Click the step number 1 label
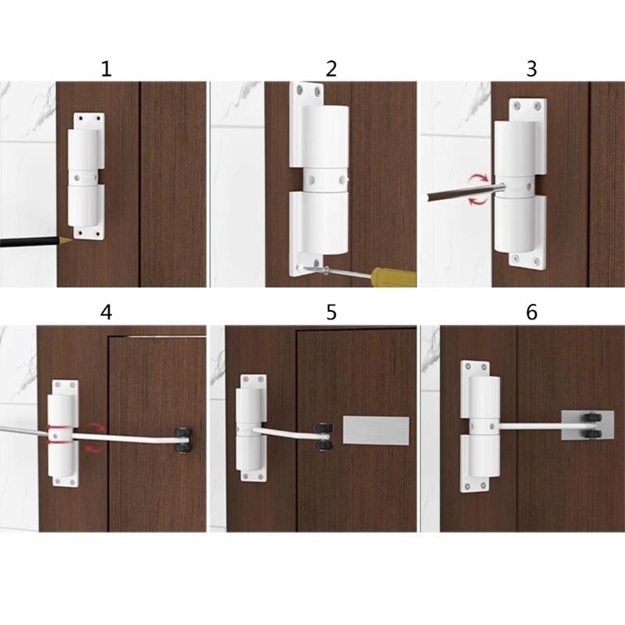106,69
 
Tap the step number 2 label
331,69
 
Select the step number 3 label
531,69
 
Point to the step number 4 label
106,312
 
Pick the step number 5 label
331,312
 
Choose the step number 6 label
531,312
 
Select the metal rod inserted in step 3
461,189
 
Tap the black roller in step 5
322,436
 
